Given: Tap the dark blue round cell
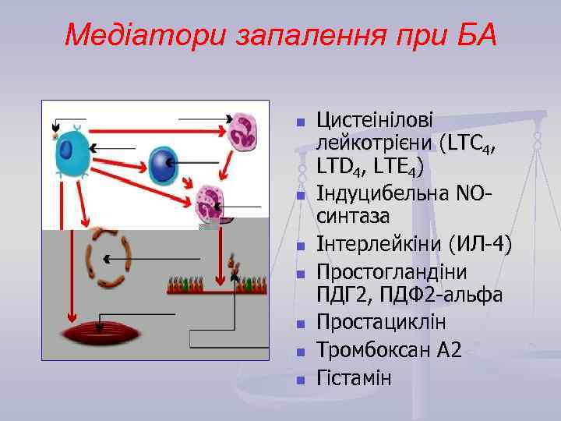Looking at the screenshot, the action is (x=164, y=165).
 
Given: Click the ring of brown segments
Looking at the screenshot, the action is (x=108, y=257).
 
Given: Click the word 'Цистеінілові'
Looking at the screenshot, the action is (x=375, y=122).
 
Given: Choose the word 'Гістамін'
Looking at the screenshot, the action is (x=355, y=377).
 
